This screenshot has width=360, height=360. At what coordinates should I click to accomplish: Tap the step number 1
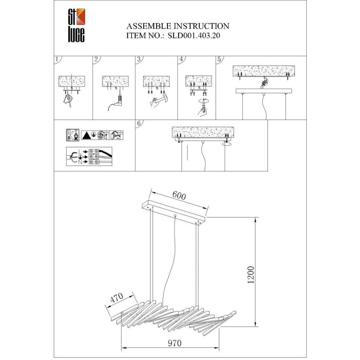(x=56, y=59)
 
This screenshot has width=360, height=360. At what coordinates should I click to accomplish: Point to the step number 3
(x=138, y=59)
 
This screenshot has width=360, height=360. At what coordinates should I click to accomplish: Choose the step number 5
(x=219, y=59)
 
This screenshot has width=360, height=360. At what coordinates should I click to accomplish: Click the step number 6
(x=138, y=123)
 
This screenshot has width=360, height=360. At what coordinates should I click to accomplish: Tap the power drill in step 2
(x=120, y=100)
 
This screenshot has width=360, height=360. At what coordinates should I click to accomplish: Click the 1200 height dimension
(x=251, y=275)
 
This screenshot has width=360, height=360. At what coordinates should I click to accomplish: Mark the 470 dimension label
(x=117, y=299)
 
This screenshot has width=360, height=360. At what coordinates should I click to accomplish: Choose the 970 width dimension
(x=174, y=343)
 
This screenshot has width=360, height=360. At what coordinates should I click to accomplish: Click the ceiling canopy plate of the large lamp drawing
(x=174, y=212)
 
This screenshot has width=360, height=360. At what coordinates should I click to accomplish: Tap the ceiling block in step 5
(x=263, y=71)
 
